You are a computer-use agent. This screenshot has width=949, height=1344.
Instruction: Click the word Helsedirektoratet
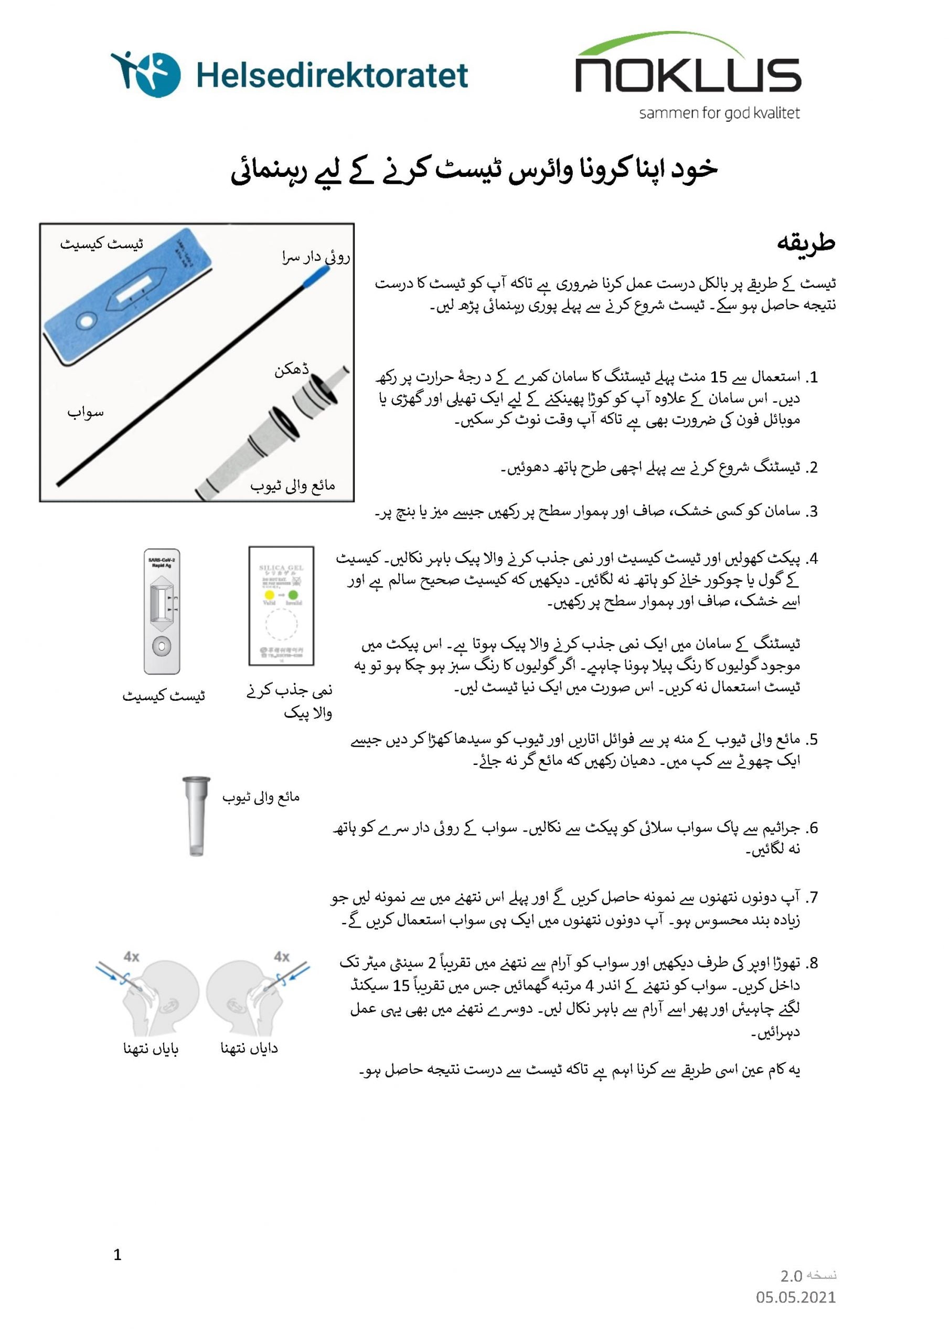[332, 76]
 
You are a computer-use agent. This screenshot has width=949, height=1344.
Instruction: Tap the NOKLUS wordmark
[688, 75]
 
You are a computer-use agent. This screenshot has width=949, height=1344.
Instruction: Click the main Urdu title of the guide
[474, 170]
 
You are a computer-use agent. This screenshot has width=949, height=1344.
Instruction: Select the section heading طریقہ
[806, 243]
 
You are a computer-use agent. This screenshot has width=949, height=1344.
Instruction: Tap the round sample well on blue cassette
[86, 321]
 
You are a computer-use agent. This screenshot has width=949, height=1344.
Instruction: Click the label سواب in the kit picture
[86, 413]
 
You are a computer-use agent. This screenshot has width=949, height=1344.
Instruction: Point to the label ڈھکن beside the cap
[291, 370]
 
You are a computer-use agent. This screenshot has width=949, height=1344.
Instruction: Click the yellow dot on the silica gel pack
[269, 595]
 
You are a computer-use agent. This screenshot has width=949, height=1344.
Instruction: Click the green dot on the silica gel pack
[293, 595]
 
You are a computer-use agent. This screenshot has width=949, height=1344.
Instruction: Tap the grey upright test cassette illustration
[162, 611]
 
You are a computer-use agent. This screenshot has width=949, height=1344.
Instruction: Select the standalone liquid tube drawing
[196, 816]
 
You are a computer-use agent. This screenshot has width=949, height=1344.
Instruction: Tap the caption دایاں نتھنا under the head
[249, 1048]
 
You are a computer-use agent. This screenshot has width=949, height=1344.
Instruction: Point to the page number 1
[118, 1254]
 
